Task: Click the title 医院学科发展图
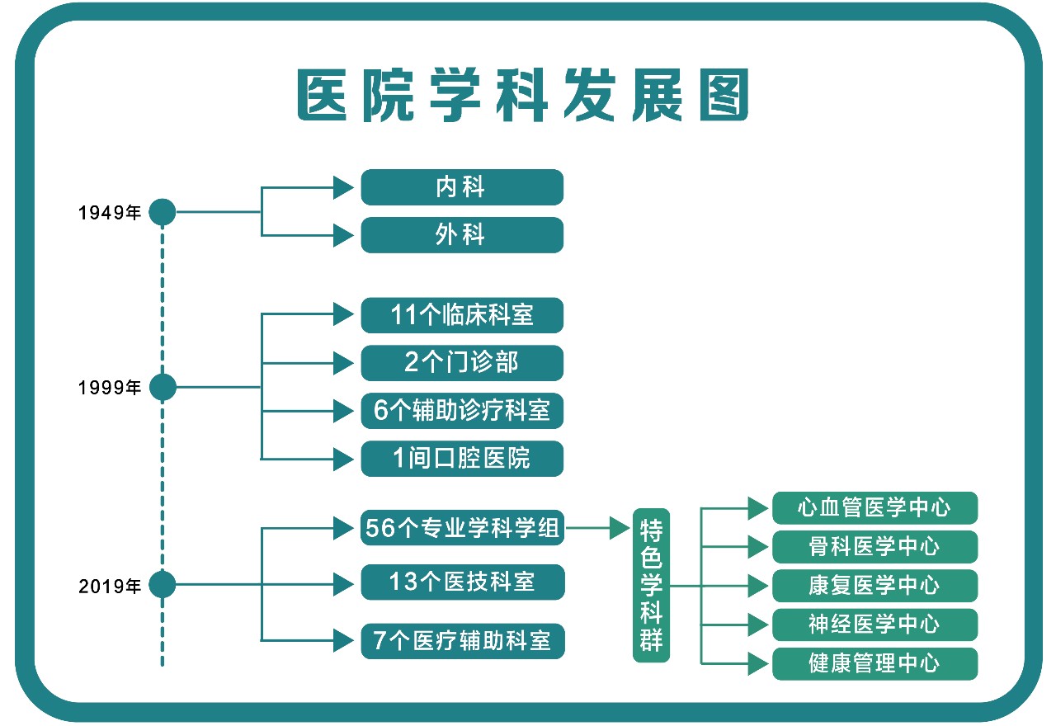tap(523, 96)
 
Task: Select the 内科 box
tap(462, 187)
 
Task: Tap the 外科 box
tap(462, 235)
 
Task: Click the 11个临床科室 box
tap(462, 315)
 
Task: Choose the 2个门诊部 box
tap(462, 363)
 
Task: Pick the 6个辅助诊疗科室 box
tap(462, 411)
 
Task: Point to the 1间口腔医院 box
tap(462, 459)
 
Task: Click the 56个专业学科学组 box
tap(462, 529)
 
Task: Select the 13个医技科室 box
tap(462, 582)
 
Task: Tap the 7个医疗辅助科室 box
tap(462, 640)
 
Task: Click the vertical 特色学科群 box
tap(652, 585)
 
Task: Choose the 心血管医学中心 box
tap(874, 508)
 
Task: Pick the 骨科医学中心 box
tap(874, 547)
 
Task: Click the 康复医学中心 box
tap(874, 586)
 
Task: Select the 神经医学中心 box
tap(874, 625)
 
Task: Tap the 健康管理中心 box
tap(874, 663)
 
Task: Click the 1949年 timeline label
tap(110, 213)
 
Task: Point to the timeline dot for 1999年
tap(163, 387)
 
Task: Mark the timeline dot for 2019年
tap(163, 586)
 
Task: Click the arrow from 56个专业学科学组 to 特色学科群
tap(598, 529)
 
